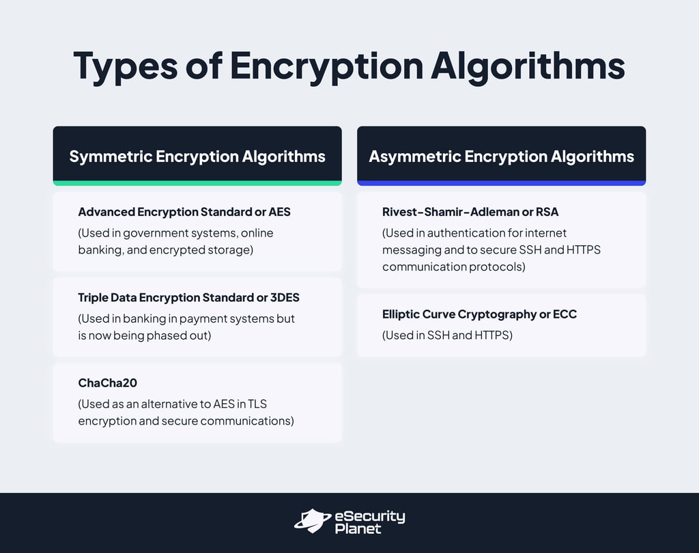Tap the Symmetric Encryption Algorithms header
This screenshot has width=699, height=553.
pyautogui.click(x=197, y=156)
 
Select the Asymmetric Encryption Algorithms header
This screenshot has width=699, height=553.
pyautogui.click(x=501, y=156)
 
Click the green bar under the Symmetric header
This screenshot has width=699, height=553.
pyautogui.click(x=197, y=183)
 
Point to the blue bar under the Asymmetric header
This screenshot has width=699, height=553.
pyautogui.click(x=501, y=183)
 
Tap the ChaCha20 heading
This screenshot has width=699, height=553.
pyautogui.click(x=109, y=383)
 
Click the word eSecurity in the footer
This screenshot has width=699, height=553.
pyautogui.click(x=369, y=516)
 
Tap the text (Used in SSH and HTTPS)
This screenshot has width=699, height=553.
pyautogui.click(x=447, y=335)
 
